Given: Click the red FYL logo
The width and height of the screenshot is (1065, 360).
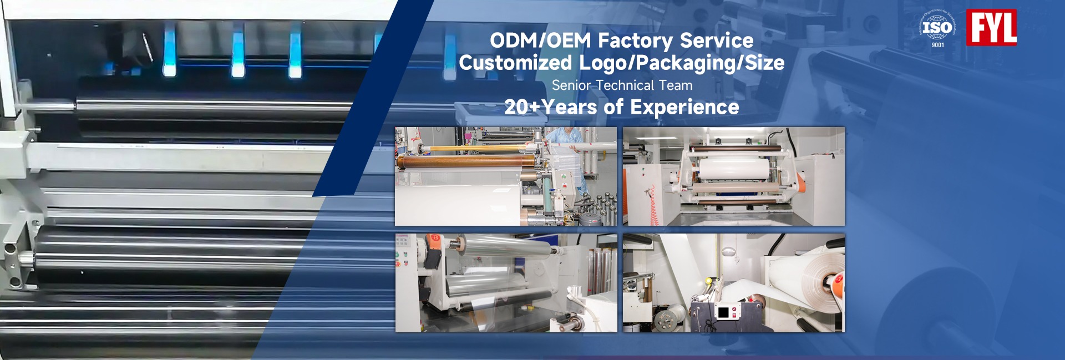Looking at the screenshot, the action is coord(991,27).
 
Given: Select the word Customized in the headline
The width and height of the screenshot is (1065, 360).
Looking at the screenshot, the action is coord(515,63).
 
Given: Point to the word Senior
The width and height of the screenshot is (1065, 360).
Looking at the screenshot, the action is coord(571,85).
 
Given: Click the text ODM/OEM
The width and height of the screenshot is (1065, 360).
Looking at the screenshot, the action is coord(541,40).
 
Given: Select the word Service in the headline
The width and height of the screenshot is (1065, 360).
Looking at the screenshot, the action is coord(717,40).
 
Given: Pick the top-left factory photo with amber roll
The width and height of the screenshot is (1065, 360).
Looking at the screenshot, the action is coord(506,176).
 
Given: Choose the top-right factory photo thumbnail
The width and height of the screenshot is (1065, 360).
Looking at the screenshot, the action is coord(734,176).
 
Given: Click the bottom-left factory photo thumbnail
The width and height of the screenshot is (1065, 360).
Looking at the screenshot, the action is coord(506,283).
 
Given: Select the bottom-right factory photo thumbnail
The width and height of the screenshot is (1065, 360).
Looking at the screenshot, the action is coord(734,283).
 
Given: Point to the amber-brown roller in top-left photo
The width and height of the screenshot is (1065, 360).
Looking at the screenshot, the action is coord(466,163).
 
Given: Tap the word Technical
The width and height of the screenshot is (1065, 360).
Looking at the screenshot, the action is coord(625,85).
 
